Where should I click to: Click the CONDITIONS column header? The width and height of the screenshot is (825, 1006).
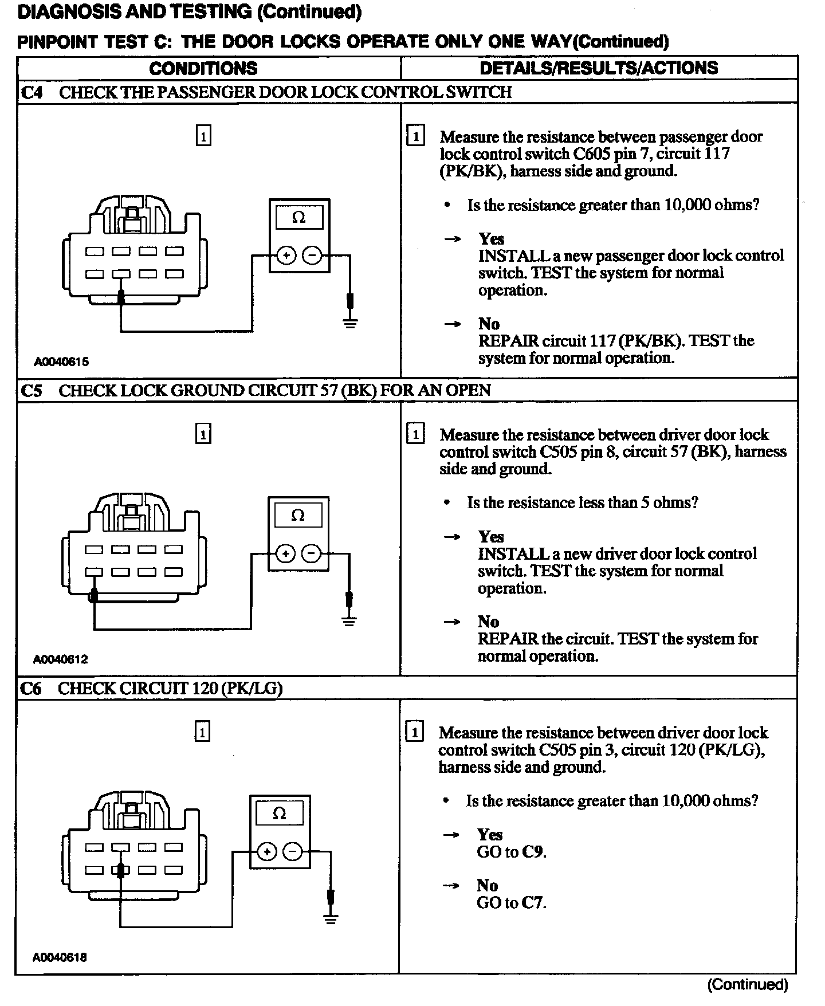coord(203,68)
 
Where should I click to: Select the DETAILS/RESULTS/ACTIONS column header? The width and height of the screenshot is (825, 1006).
coord(599,68)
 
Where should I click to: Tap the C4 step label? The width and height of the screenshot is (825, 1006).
coord(32,92)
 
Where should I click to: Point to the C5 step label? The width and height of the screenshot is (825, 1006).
coord(32,391)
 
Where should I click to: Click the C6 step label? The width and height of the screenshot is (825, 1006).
coord(31,689)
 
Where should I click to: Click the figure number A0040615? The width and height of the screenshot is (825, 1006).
coord(61,361)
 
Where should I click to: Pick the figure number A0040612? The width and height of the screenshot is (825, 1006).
coord(61,659)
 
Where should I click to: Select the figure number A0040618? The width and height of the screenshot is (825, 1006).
coord(60,957)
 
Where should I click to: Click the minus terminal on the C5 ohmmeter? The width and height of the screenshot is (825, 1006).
coord(311,553)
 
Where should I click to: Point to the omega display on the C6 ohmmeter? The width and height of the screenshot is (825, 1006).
coord(279,814)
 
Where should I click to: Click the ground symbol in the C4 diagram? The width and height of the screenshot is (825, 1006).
coord(351,323)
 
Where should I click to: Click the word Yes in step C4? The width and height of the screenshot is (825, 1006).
coord(492,239)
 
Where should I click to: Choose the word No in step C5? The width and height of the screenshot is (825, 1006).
coord(489,622)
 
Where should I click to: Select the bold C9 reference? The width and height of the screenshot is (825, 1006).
coord(533,852)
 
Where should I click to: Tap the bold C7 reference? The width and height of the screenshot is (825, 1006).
coord(533,903)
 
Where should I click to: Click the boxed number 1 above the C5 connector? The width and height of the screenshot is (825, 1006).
coord(203,435)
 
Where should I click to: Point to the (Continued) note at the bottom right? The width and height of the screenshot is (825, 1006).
coord(748,985)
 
